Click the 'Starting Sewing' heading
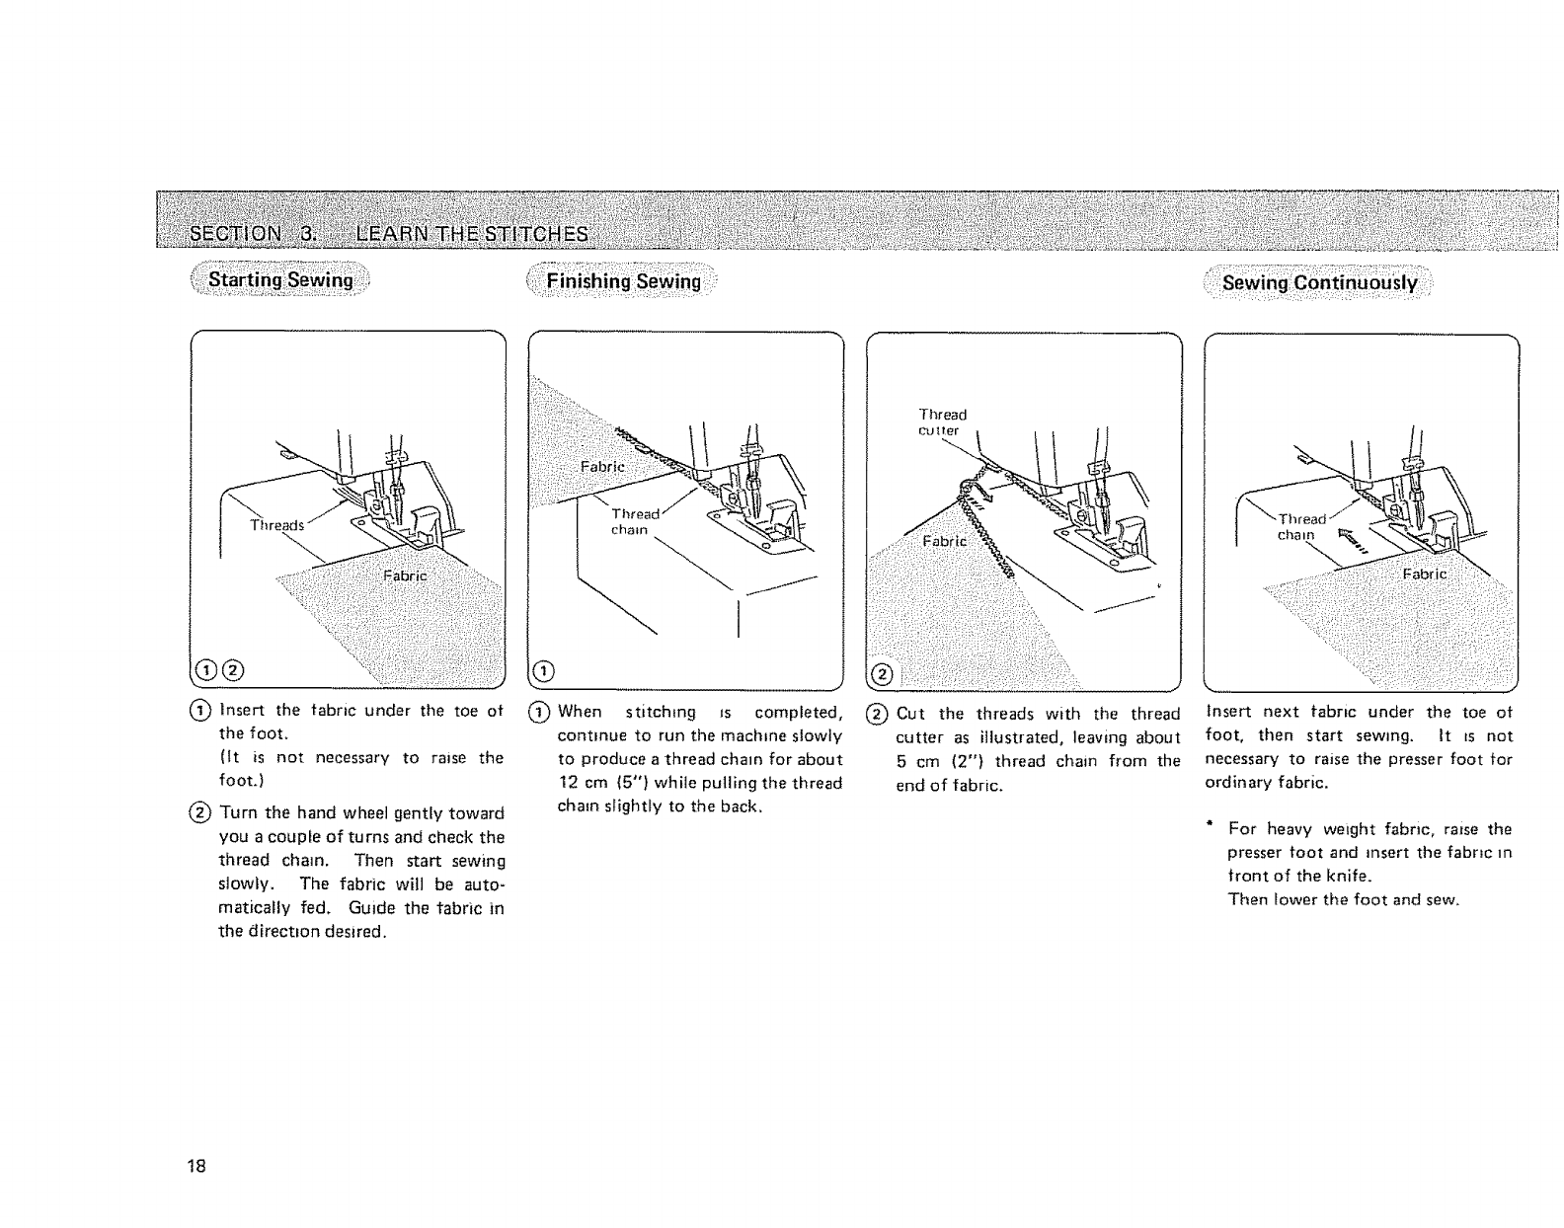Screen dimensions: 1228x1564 coord(280,279)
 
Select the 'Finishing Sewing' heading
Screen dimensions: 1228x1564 coord(623,281)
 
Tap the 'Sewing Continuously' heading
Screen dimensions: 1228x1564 coord(1319,283)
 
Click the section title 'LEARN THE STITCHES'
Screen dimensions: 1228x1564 coord(472,234)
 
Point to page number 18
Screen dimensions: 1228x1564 coord(196,1166)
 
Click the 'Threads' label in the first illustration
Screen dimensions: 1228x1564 coord(276,524)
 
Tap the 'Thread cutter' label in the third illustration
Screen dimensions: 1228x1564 coord(942,422)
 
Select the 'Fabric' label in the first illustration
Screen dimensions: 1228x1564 coord(404,576)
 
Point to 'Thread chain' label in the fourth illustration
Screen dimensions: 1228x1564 coord(1300,526)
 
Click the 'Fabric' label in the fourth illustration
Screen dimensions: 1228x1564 coord(1425,575)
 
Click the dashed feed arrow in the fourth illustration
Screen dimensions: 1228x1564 coord(1353,540)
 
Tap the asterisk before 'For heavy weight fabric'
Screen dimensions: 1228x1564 coord(1209,825)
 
